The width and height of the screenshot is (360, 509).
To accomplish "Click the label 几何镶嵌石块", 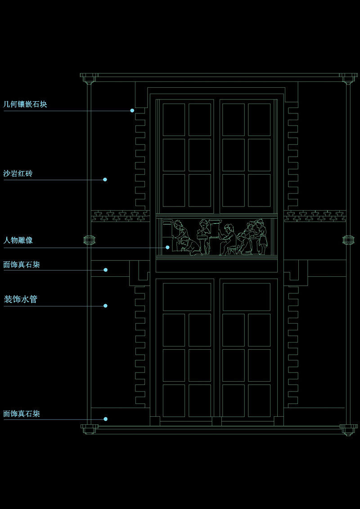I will pos(25,104).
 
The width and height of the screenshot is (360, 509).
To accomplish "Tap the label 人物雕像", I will pos(18,240).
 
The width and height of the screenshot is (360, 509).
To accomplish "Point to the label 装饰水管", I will pos(20,299).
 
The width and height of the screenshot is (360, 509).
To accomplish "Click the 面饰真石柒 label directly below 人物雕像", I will pos(22,265).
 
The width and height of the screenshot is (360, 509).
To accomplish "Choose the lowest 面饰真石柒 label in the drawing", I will pos(22,413).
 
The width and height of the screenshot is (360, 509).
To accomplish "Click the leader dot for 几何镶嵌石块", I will pos(132,110).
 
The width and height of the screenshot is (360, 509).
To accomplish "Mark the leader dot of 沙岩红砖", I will pos(105,180).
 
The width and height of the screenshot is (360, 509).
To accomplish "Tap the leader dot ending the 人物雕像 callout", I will pos(167,247).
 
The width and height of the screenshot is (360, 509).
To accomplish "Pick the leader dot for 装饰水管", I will pos(105,306).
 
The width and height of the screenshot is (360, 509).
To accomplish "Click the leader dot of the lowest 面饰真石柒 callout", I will pos(105,419).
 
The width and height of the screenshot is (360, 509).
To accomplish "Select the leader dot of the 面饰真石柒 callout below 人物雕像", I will pos(105,270).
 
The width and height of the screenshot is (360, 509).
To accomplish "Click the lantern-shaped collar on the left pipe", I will pos(89,240).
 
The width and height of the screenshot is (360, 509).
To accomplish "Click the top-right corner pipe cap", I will pos(347,78).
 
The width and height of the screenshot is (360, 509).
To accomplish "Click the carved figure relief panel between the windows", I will pos(216,237).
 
